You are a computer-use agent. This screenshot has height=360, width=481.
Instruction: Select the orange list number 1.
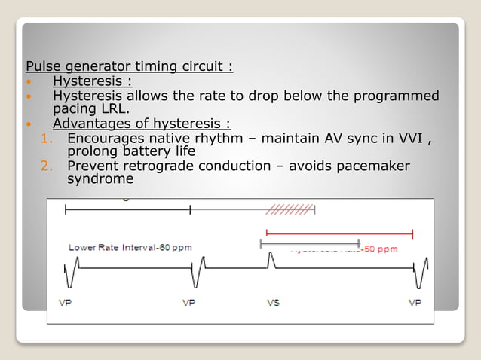tap(46, 139)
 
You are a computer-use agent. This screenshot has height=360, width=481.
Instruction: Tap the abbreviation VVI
tap(408, 139)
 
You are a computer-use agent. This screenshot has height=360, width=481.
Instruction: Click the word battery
tap(148, 151)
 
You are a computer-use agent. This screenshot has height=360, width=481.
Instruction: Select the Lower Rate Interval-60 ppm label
tap(130, 248)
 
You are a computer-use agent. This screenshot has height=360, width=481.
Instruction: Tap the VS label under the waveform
tap(274, 303)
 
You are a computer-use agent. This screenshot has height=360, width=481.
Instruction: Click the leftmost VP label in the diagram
tap(66, 303)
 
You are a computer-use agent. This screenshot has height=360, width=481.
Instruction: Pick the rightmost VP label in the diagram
tap(415, 303)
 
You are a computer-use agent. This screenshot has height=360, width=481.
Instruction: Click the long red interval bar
tap(339, 233)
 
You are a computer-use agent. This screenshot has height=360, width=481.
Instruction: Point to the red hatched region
tap(290, 209)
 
